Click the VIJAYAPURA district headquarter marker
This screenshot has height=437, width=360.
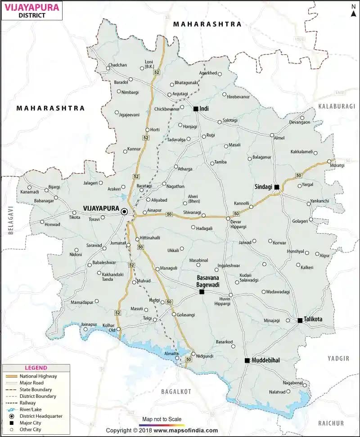coord(124,212)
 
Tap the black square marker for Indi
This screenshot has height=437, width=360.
coord(196,109)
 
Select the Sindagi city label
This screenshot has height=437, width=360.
coord(264,185)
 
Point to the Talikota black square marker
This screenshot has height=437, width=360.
coord(300,320)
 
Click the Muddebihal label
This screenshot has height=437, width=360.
coord(265,360)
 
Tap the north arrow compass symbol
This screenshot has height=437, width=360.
coord(353,10)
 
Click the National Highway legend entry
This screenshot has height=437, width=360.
coord(38,376)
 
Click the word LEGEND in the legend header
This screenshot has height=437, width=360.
coord(36,368)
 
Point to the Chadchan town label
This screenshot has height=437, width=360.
coord(117,65)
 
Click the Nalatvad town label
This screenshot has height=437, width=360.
coord(277,392)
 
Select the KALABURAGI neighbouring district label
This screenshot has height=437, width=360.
coord(337,106)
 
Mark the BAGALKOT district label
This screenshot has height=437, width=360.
coord(176,391)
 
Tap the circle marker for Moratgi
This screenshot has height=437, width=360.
coord(329,161)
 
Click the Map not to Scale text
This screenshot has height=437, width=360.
coord(162,419)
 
